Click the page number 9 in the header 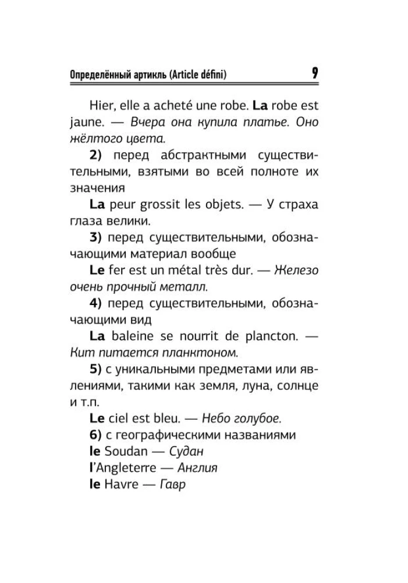(x=314, y=73)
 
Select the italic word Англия (x=193, y=468)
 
